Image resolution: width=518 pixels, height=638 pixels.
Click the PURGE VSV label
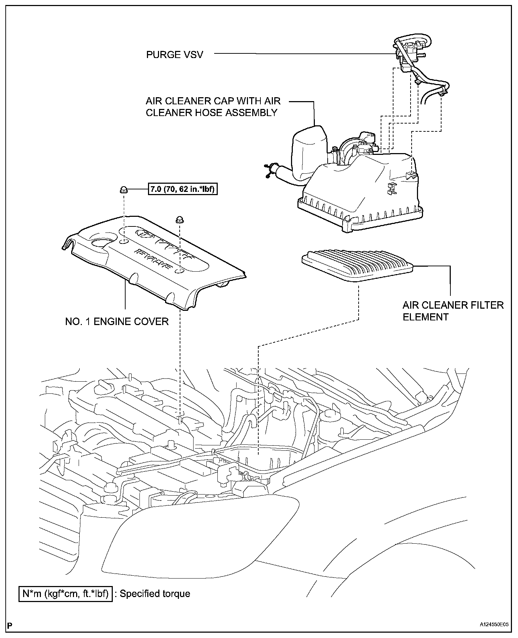(174, 54)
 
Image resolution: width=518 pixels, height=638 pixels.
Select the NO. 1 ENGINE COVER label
(117, 321)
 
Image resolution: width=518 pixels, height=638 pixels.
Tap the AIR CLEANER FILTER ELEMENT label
(453, 311)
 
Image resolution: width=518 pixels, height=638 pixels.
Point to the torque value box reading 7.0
(183, 190)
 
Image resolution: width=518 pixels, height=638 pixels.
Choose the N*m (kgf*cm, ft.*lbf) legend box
(65, 593)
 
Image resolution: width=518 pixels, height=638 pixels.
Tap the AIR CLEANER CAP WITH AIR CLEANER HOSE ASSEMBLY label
(213, 106)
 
